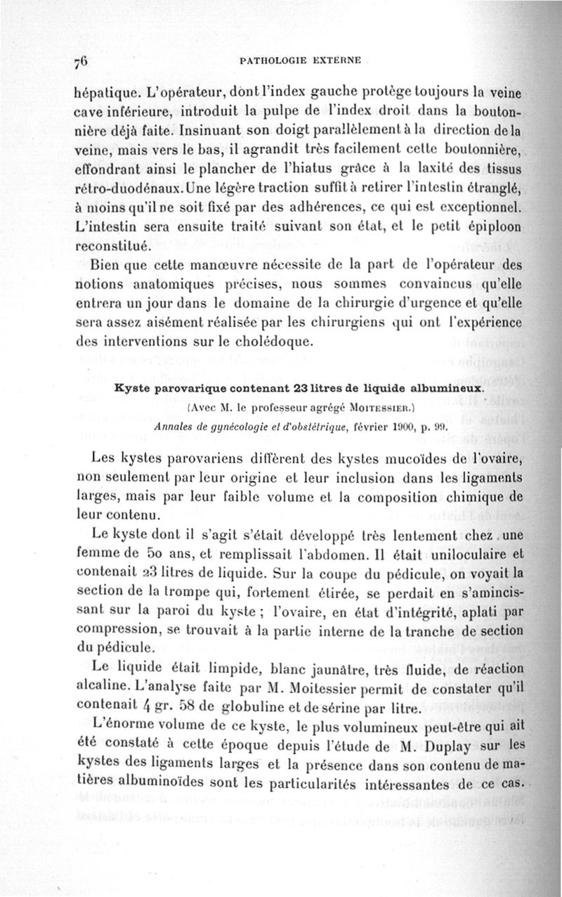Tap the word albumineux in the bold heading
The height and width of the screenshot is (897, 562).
(x=450, y=387)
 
